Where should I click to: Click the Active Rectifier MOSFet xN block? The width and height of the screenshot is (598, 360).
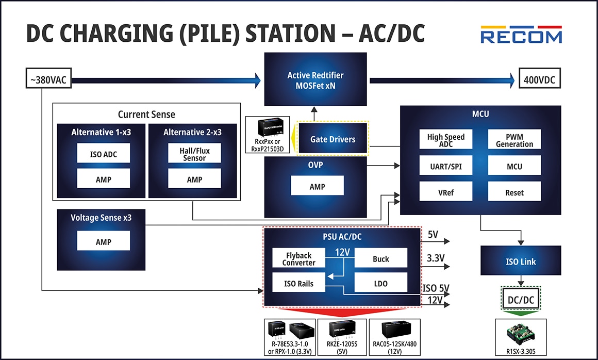click(315, 80)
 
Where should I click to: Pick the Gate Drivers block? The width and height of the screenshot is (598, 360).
click(333, 139)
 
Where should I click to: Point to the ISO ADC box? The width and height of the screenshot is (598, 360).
click(103, 153)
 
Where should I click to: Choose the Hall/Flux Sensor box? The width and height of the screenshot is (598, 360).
click(194, 153)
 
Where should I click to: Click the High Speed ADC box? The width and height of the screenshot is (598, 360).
click(446, 140)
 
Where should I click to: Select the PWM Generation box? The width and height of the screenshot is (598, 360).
click(514, 140)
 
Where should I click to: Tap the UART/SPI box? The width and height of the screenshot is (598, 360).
click(446, 166)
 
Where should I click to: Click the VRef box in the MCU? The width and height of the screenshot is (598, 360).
click(446, 192)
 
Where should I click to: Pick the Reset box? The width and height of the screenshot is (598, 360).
click(514, 192)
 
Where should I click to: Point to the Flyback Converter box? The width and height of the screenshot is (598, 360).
click(298, 258)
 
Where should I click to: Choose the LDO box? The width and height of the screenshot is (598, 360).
click(380, 283)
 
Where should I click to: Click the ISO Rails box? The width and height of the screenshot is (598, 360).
click(298, 283)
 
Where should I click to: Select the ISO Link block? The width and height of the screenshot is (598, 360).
click(521, 261)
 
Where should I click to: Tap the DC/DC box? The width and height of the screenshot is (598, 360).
click(521, 299)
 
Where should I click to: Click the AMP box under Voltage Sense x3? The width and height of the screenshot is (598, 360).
click(103, 241)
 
